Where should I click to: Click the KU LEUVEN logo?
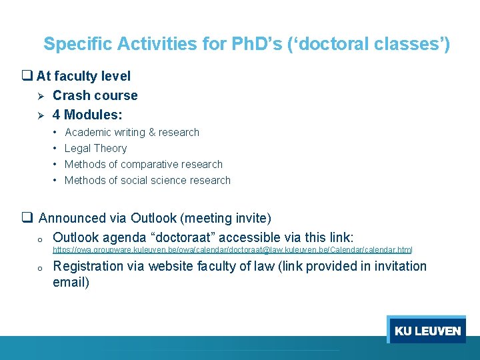427,330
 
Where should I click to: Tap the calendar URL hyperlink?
232,250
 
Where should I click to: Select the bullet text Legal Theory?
95,148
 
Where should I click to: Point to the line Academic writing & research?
131,132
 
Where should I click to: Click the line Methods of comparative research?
143,164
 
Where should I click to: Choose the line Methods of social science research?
147,180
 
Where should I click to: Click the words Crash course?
95,95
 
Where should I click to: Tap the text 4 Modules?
87,115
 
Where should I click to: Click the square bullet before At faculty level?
27,77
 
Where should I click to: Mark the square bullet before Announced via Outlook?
27,218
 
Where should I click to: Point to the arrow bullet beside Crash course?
40,96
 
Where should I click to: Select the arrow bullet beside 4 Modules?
40,115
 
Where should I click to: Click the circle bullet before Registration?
40,267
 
